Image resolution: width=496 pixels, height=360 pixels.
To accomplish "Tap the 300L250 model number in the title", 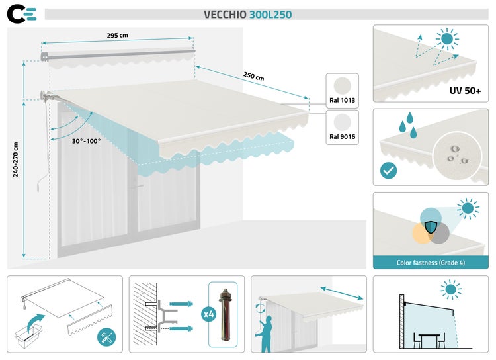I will tap(270, 14).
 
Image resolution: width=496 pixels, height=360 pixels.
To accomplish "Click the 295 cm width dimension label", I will tap(118, 35).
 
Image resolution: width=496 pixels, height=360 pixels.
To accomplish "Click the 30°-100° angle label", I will tap(87, 140).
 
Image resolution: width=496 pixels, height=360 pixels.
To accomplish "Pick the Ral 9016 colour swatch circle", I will tap(343, 123).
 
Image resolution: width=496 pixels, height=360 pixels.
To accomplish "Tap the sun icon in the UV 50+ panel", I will tap(448, 39).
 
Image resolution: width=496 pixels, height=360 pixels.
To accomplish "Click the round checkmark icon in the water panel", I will tap(389, 171).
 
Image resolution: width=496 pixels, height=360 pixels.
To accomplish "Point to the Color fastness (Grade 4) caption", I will tap(431, 263).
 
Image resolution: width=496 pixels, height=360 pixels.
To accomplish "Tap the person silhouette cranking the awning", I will tap(267, 334).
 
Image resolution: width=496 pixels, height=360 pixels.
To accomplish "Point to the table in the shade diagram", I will tap(429, 338).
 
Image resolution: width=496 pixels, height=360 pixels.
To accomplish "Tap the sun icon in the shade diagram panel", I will tap(452, 289).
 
